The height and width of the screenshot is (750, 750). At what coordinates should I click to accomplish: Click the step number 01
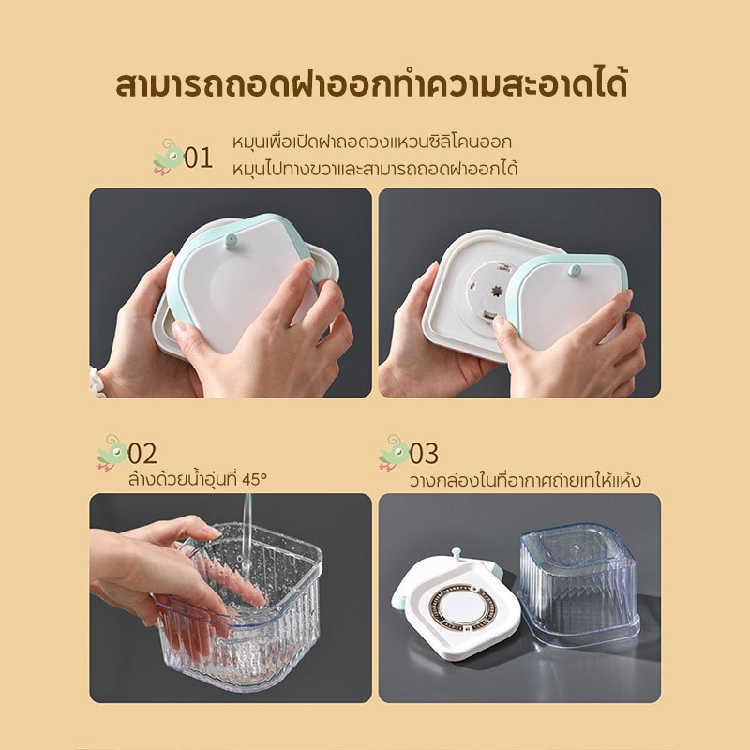(198, 157)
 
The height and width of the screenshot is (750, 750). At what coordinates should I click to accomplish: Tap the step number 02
(142, 454)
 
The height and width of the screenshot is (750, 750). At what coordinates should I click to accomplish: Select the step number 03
(424, 454)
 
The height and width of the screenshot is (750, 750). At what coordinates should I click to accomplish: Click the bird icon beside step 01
(168, 157)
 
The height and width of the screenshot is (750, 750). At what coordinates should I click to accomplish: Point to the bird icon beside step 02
(112, 453)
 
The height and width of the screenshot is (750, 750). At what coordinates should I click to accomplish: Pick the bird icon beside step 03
(394, 453)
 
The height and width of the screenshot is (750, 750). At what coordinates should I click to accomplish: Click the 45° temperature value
(254, 479)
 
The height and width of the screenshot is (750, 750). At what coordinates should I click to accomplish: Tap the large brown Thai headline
(371, 84)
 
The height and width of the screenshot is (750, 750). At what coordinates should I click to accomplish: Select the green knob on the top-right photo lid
(575, 270)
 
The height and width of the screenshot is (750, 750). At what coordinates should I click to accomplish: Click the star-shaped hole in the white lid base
(497, 291)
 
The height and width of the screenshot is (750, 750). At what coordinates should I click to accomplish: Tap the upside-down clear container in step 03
(579, 585)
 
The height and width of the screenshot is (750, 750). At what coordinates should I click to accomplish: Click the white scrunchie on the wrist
(98, 381)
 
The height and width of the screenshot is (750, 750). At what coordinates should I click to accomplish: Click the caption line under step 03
(525, 480)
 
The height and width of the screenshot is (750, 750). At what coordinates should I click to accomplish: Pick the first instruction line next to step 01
(372, 142)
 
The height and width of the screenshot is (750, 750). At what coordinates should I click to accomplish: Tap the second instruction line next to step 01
(375, 170)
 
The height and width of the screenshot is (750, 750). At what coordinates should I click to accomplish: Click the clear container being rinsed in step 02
(239, 607)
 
